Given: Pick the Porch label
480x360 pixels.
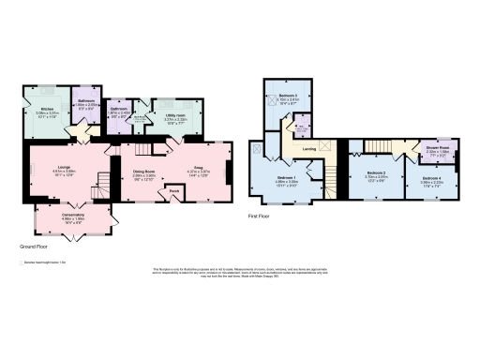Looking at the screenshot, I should [x=173, y=194].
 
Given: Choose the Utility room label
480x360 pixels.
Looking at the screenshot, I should [x=177, y=117].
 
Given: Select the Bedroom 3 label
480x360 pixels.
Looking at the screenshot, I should [x=288, y=97].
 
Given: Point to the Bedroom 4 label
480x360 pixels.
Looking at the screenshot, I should [x=431, y=178].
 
